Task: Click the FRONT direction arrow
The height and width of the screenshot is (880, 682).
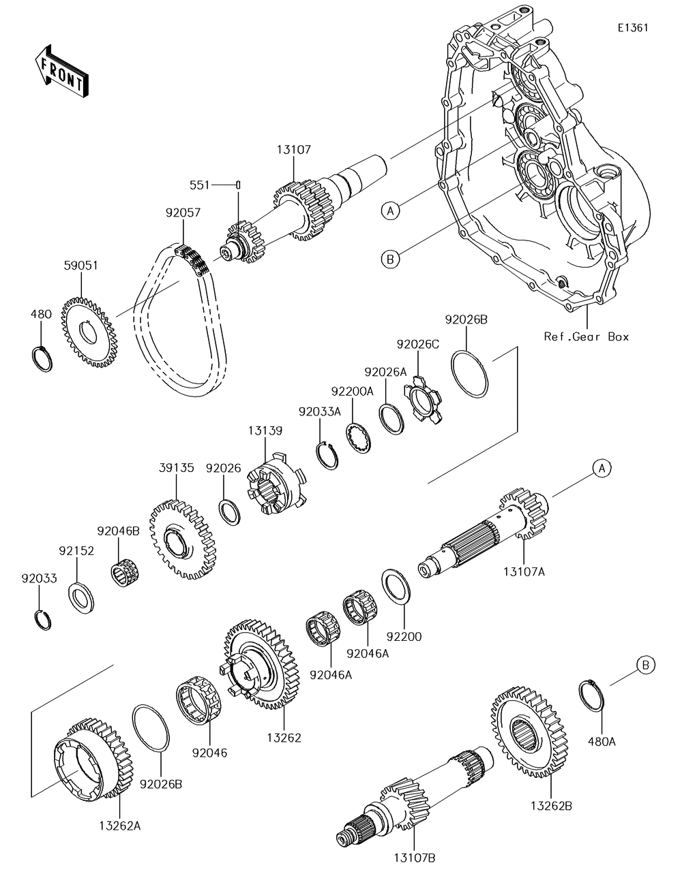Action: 61,71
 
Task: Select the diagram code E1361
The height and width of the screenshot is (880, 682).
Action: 632,27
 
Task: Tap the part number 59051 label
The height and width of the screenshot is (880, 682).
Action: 80,265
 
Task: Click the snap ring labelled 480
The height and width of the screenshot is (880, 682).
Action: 42,359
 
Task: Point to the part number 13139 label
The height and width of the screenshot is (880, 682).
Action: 265,430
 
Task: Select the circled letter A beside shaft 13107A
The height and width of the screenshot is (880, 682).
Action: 602,468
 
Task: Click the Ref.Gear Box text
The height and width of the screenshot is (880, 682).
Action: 587,336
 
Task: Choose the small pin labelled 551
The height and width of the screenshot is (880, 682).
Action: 239,185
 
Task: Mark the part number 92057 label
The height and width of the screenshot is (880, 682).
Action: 183,213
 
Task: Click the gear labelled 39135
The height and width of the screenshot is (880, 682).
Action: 183,539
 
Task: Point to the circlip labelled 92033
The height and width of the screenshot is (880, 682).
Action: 42,620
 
